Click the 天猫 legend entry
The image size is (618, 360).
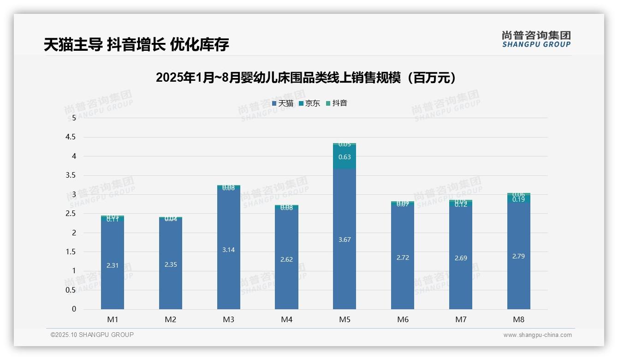[x=283, y=103]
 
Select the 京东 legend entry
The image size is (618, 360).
[x=309, y=103]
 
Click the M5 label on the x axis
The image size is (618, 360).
[x=345, y=319]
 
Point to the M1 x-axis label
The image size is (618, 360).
[x=113, y=319]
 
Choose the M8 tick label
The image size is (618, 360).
[x=518, y=319]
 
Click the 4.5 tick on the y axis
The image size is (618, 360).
[x=71, y=137]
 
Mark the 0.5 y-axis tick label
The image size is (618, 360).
[x=71, y=290]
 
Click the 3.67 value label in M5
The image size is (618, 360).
[x=345, y=240]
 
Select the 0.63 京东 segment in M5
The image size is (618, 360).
[x=345, y=157]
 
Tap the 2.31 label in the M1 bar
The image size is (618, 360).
[x=113, y=265]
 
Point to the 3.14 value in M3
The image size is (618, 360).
[x=228, y=250]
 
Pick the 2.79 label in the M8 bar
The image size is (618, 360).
[x=518, y=256]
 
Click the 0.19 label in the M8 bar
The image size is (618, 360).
[x=518, y=200]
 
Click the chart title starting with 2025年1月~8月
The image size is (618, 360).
[x=306, y=78]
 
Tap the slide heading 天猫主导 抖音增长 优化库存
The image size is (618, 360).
[x=137, y=45]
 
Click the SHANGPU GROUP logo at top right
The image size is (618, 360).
[x=536, y=39]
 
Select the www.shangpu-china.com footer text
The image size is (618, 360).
[x=537, y=335]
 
